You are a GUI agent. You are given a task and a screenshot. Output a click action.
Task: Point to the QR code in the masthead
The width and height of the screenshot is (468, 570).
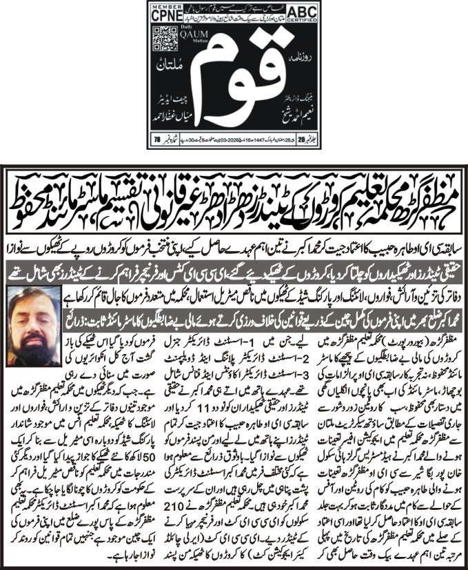(161, 37)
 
